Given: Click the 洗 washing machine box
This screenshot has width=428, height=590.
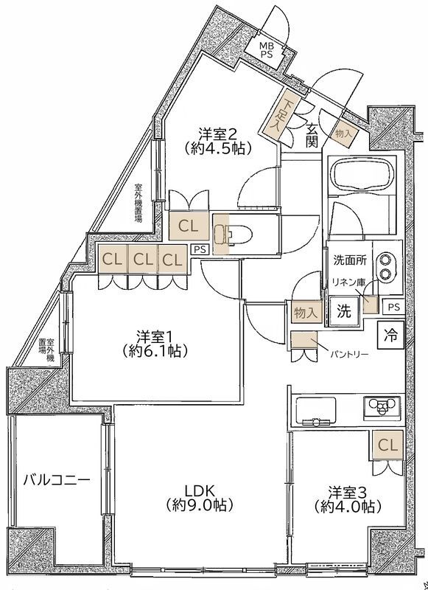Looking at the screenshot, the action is click(x=344, y=311).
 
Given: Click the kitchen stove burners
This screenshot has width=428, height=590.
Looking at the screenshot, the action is click(x=382, y=406).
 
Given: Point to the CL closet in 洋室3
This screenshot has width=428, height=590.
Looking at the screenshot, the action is click(x=387, y=445).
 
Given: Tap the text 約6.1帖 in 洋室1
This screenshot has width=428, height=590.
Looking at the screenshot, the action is click(x=155, y=351).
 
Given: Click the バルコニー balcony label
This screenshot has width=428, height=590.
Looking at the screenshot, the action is click(x=57, y=480).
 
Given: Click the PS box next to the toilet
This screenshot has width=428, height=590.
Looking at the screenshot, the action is click(x=200, y=250).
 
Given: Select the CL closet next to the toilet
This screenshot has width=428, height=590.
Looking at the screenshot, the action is click(x=188, y=226).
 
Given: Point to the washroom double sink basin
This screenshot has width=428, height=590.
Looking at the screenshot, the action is click(x=386, y=266).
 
